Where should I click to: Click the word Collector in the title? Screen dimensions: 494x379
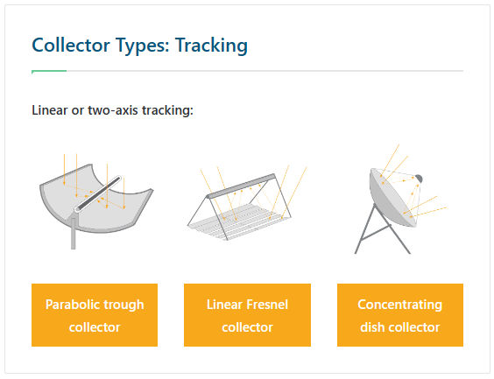coord(71,45)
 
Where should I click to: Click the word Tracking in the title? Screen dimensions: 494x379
coord(211,46)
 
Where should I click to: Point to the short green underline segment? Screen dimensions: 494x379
coord(49,71)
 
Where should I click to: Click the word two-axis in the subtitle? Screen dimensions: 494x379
coord(114,110)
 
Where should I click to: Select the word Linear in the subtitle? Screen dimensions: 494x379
coord(50,110)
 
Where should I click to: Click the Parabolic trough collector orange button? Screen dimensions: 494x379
coord(95,315)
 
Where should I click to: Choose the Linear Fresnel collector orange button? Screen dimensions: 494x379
coord(247,315)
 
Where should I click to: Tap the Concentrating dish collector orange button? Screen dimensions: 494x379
coord(400,315)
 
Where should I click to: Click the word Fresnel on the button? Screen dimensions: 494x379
coord(267,305)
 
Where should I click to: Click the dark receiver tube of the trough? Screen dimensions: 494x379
coord(98,193)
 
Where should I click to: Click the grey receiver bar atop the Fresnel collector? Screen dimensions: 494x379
coord(241,186)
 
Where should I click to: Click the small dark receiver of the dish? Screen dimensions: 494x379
coord(419,179)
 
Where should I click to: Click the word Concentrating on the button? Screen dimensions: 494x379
coord(399,305)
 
